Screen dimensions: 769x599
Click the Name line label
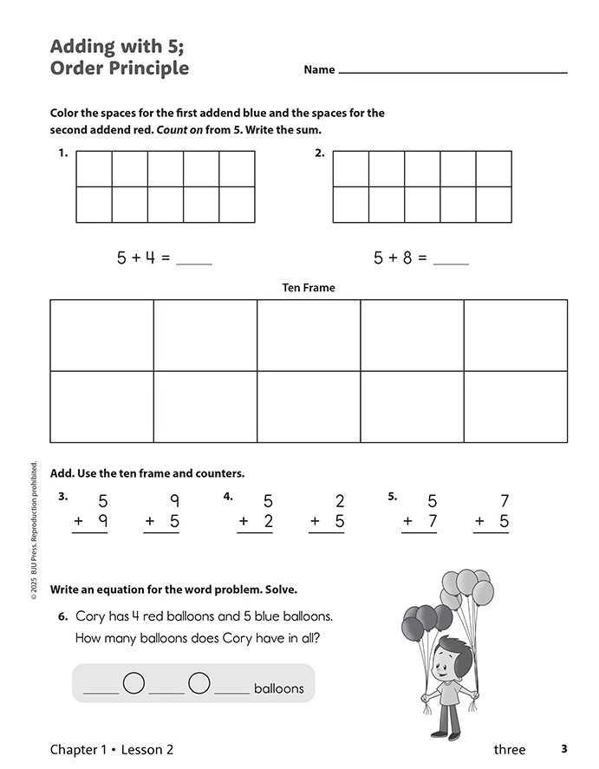point(319,70)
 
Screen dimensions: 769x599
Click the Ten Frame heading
point(309,288)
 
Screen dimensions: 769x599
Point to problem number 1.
point(62,153)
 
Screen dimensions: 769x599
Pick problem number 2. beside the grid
point(320,153)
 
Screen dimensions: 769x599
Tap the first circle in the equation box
point(133,684)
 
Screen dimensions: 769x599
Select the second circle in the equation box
point(199,684)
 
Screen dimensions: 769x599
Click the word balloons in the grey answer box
point(279,688)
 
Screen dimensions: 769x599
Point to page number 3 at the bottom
point(563,749)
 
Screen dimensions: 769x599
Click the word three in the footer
point(510,749)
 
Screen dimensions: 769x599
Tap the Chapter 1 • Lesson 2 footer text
point(112,749)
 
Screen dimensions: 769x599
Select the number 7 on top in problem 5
point(505,501)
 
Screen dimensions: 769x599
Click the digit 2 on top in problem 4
point(340,501)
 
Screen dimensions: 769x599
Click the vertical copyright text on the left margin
point(33,531)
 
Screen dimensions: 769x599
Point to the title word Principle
point(143,68)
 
